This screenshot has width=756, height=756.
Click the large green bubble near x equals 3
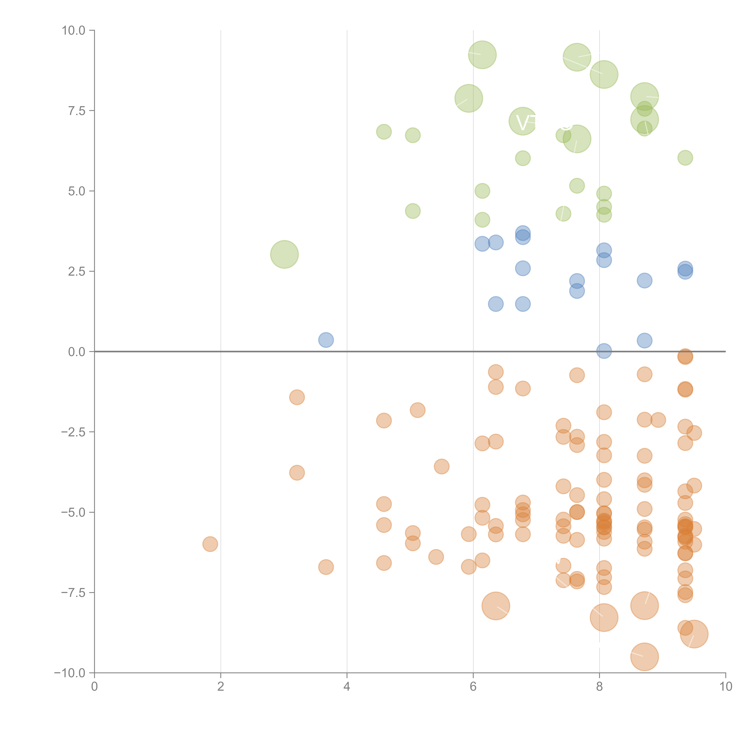tap(284, 254)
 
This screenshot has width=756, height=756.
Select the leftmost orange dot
tap(210, 544)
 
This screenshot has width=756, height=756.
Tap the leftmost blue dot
tap(326, 340)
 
